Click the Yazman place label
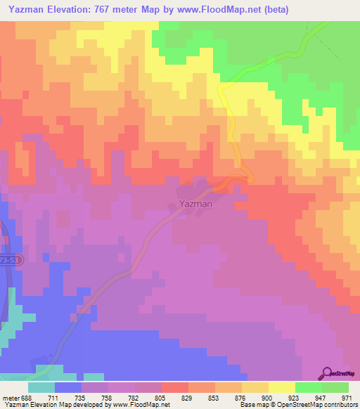click(x=195, y=204)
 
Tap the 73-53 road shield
click(x=11, y=260)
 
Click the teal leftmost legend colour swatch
click(x=41, y=387)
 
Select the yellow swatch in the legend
click(x=281, y=387)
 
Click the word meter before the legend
click(x=10, y=397)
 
